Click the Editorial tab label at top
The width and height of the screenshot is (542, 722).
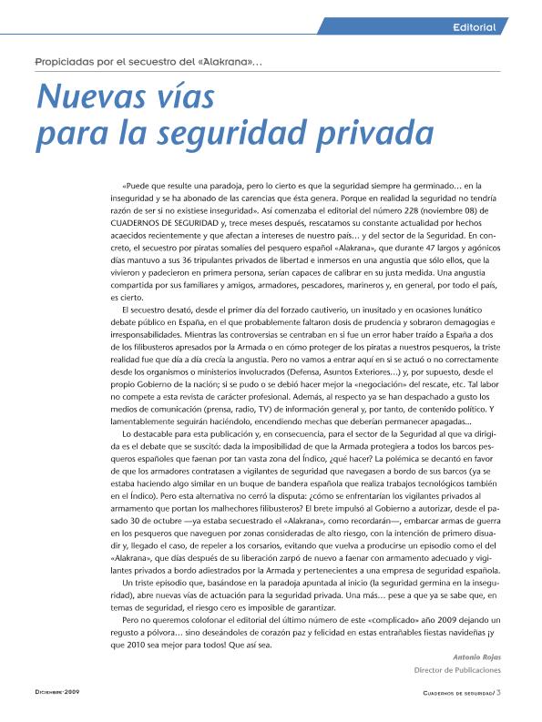[x=474, y=27]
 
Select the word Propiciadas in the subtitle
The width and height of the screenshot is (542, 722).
[x=65, y=61]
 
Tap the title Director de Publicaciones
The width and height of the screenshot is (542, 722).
[x=458, y=670]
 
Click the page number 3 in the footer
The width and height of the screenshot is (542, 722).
[x=499, y=693]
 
